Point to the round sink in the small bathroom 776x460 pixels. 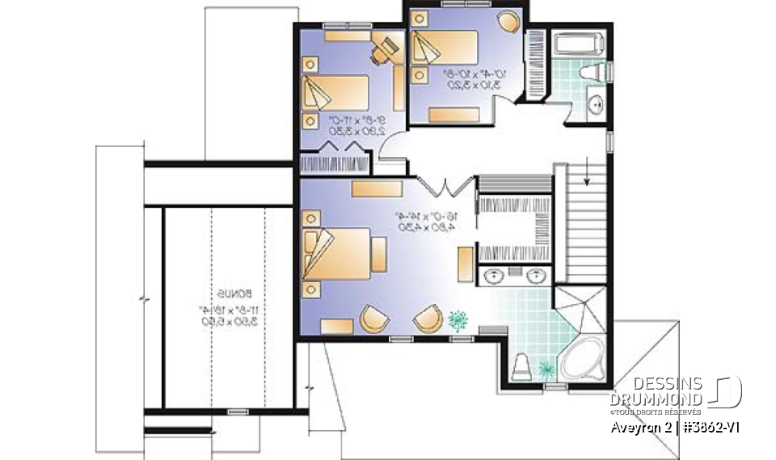click(596, 103)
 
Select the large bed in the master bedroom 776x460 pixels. click(339, 255)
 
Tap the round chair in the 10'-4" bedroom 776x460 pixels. click(507, 21)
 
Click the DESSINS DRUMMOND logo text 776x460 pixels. click(656, 390)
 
